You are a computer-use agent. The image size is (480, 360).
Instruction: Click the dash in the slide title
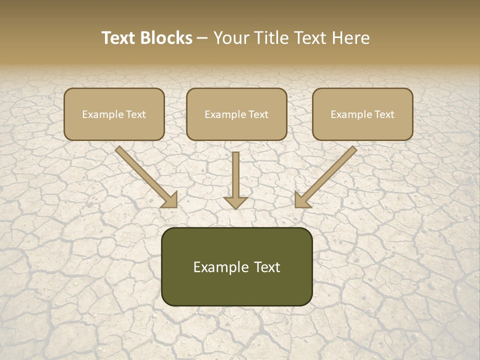tap(202, 38)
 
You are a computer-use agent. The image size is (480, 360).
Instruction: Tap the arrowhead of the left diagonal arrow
tap(170, 200)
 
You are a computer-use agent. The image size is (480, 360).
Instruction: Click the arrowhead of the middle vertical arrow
tap(235, 202)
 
